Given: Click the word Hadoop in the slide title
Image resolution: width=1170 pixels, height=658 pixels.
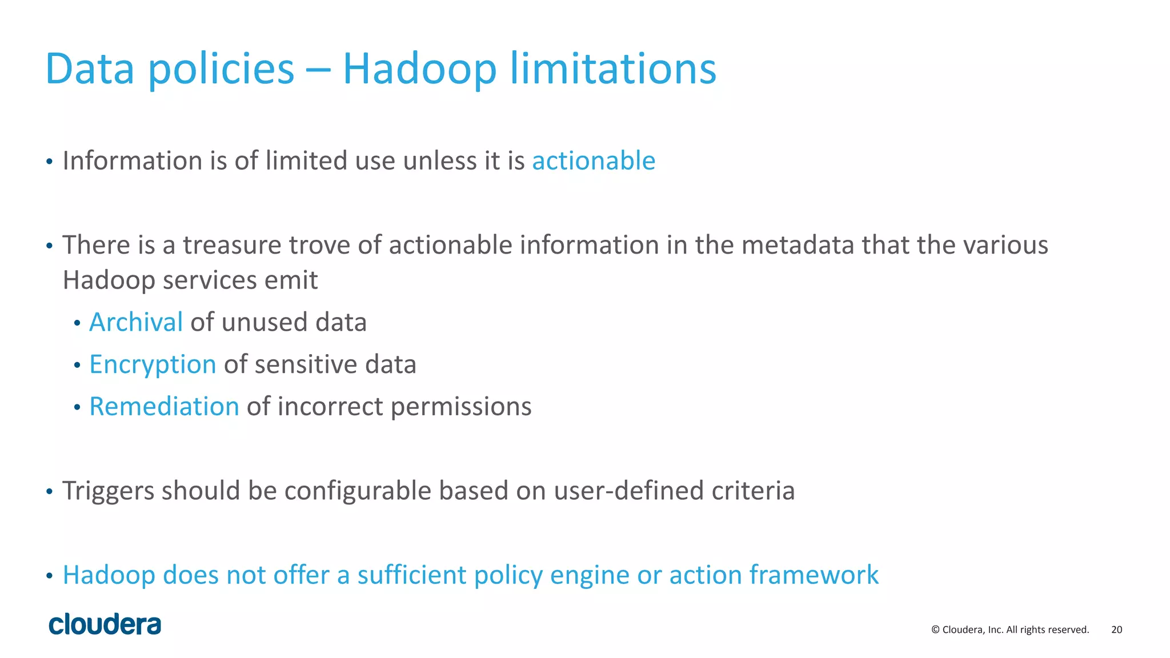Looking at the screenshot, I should click(x=419, y=70).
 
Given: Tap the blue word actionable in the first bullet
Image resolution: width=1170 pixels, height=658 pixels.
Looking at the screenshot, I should click(x=594, y=161).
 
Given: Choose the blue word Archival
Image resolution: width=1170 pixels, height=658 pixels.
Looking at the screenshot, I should click(x=136, y=322).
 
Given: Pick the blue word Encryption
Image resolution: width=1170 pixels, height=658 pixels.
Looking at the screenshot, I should click(x=153, y=365).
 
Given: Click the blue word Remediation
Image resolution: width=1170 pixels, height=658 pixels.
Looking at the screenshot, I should click(x=164, y=407).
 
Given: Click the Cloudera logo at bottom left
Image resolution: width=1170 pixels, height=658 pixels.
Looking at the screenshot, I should click(x=105, y=624).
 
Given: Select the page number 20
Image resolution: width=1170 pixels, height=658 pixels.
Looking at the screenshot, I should click(x=1116, y=630).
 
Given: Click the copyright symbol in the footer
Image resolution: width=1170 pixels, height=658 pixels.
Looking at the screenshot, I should click(x=935, y=630).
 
